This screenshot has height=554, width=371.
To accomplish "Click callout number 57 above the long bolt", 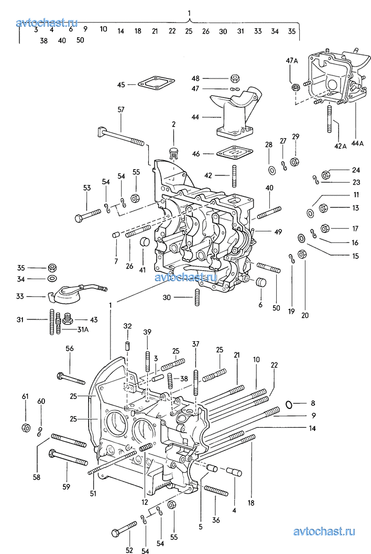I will click(x=121, y=109).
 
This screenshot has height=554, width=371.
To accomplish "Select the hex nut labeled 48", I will click(x=235, y=79).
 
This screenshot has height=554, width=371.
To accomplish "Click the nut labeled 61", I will click(x=25, y=427).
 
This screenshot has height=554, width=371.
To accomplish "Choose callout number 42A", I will click(x=340, y=146).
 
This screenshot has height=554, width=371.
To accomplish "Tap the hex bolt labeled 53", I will click(x=88, y=215).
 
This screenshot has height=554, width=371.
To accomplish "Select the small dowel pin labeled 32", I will click(x=127, y=347).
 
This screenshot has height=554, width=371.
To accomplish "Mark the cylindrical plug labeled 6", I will click(x=260, y=284).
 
